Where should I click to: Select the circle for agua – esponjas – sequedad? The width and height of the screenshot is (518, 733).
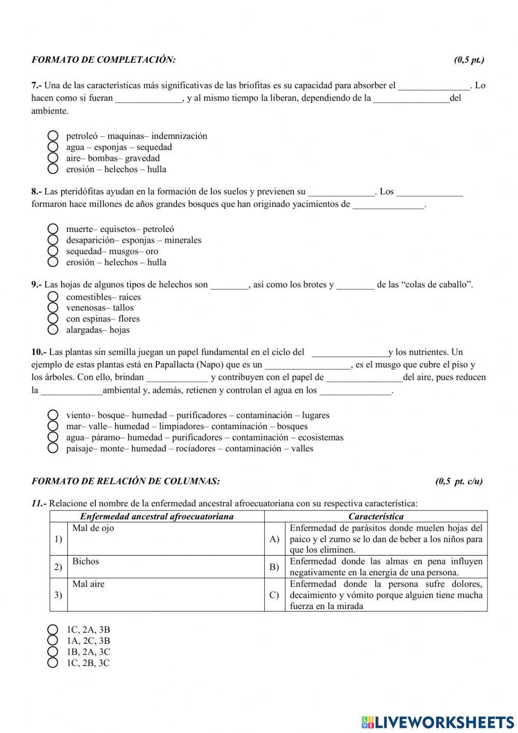tap(53, 147)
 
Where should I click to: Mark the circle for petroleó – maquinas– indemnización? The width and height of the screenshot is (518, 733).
tap(53, 136)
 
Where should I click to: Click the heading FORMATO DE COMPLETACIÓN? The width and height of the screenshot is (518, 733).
tap(104, 60)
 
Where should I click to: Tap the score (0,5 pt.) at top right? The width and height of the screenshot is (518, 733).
tap(469, 60)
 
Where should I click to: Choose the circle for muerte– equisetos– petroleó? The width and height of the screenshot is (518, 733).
tap(53, 229)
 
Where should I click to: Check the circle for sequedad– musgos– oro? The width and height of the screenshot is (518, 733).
tap(53, 251)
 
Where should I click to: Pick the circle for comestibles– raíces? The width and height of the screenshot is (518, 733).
tap(53, 297)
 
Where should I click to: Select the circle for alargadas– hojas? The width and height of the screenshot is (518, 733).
tap(53, 330)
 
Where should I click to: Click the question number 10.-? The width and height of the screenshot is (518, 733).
tap(39, 352)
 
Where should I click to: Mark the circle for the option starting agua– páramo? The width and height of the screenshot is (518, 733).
tap(53, 437)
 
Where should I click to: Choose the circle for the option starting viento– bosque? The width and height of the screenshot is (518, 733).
tap(53, 415)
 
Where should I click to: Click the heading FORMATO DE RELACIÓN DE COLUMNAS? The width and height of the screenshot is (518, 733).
tap(126, 481)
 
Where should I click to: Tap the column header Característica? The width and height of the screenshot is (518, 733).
tap(376, 516)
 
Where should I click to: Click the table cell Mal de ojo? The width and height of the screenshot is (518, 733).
tap(93, 528)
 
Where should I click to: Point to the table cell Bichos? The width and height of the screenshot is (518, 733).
tap(86, 561)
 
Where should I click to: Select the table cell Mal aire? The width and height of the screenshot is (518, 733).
tap(89, 584)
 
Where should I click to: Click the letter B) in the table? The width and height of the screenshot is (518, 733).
tap(275, 567)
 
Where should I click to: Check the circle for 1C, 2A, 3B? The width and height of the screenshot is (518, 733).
tap(53, 630)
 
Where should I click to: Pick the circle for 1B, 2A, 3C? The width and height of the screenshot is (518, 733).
tap(53, 652)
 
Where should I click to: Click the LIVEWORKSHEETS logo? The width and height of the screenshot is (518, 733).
tap(438, 722)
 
